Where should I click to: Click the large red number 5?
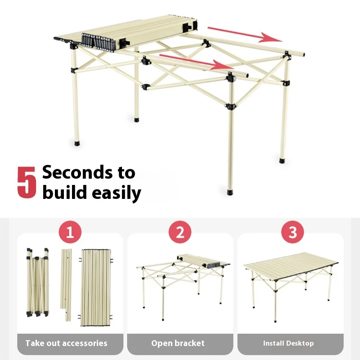coord(27,182)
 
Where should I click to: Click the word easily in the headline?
coord(117,193)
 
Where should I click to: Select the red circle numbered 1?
coord(70,232)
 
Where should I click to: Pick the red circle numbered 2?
coord(180,232)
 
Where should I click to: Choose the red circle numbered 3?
coord(292,232)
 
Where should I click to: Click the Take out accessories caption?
coord(66,343)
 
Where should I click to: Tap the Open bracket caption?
coord(178,343)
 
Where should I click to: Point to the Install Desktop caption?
coord(288,343)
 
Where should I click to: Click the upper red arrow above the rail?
coord(245,35)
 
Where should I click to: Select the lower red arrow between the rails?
coord(196,62)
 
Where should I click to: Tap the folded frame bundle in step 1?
coord(38,283)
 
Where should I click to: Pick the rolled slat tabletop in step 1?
coord(96,288)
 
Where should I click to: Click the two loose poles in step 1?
coord(66,285)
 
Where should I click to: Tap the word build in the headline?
coord(65,192)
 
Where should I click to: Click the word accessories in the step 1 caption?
coord(85,343)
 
